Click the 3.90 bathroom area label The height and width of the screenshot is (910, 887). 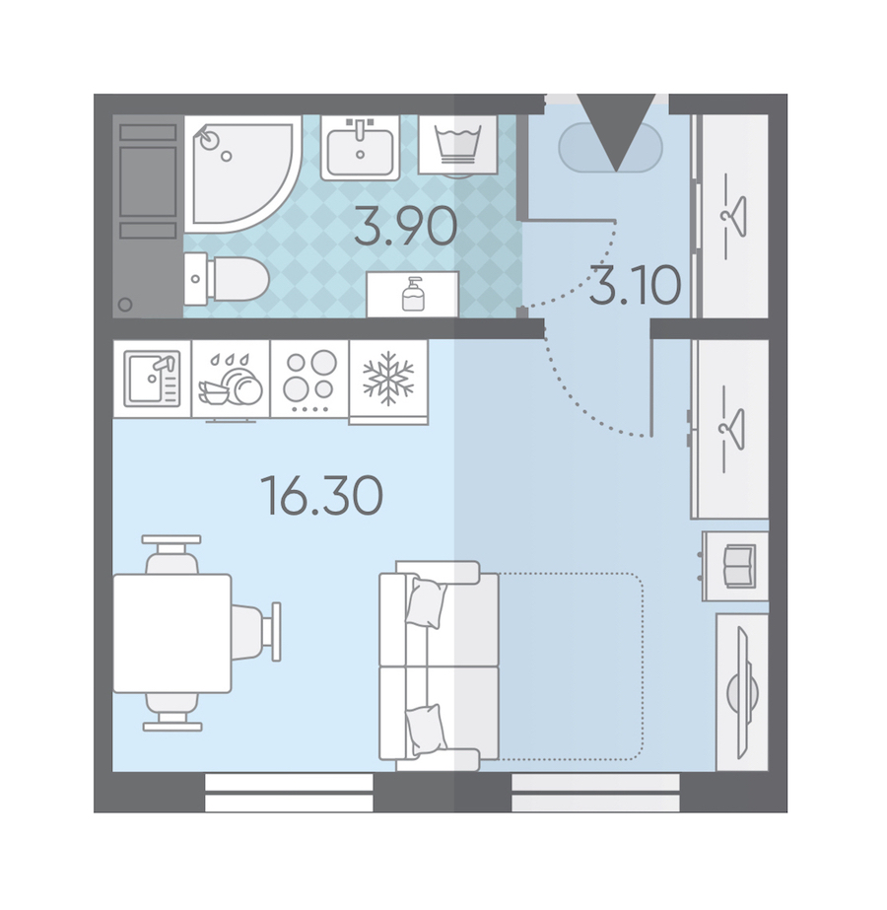(x=405, y=227)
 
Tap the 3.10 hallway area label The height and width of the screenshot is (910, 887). (x=636, y=285)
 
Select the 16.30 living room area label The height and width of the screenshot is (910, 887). (x=322, y=495)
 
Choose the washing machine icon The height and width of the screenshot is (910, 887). (x=457, y=145)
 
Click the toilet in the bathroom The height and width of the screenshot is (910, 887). (x=227, y=279)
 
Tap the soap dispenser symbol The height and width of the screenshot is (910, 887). (x=413, y=294)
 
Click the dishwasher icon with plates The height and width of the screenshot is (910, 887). (x=231, y=381)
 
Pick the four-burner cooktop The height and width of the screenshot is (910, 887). (x=309, y=379)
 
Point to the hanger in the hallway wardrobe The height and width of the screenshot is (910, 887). (x=733, y=217)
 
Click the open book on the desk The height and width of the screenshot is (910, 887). (x=739, y=565)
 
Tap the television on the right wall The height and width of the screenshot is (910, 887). (x=745, y=692)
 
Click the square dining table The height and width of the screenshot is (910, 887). (x=172, y=633)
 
